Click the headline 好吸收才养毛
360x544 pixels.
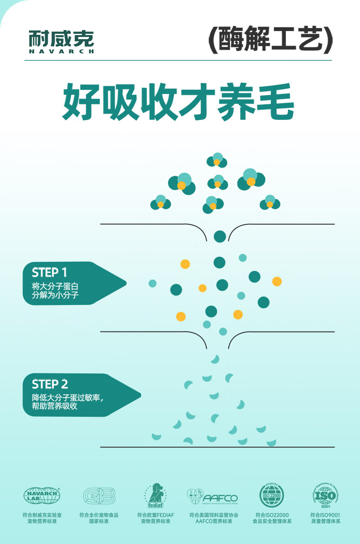click(x=178, y=102)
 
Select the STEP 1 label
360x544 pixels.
click(x=49, y=273)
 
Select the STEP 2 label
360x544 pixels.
click(x=50, y=384)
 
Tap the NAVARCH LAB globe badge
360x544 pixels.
click(x=41, y=495)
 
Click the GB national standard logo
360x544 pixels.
click(x=99, y=496)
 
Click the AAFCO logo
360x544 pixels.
click(x=213, y=496)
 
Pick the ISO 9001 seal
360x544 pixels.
click(x=325, y=495)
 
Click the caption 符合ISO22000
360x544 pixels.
click(x=272, y=515)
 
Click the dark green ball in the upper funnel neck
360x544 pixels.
click(x=220, y=236)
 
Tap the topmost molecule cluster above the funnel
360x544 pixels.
click(x=217, y=160)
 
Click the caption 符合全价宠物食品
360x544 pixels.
click(x=99, y=515)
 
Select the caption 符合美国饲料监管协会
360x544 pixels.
click(x=214, y=515)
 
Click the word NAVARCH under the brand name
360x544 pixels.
click(x=61, y=52)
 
